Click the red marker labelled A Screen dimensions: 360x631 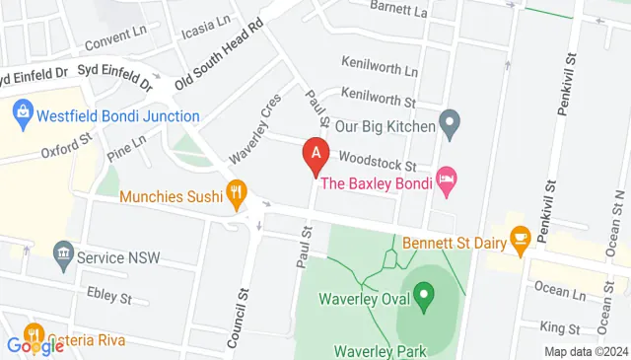tap(315, 155)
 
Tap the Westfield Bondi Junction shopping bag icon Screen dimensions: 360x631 tap(23, 114)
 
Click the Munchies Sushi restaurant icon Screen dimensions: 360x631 tap(236, 194)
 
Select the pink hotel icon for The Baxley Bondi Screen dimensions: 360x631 tap(446, 181)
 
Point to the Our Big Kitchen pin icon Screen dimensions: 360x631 tap(450, 125)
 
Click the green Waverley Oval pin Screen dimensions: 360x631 tap(423, 294)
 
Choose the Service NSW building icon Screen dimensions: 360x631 tap(64, 256)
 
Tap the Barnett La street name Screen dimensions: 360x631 tap(399, 9)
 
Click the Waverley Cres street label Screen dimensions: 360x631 tap(255, 127)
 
